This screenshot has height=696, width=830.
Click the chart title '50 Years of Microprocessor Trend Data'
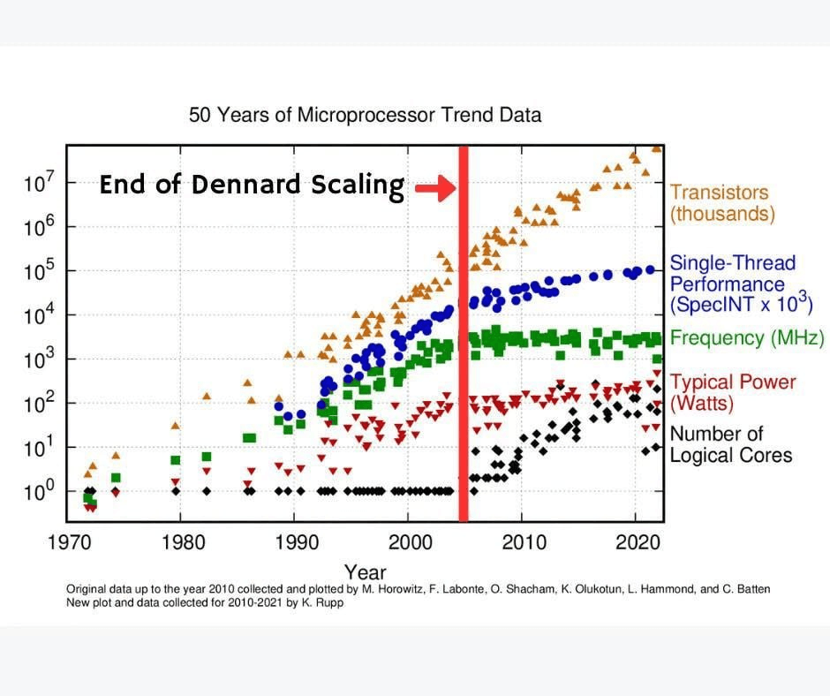(x=365, y=115)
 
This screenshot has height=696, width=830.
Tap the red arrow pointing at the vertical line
(x=435, y=187)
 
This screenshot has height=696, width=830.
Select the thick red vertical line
(x=464, y=334)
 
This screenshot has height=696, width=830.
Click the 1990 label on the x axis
(x=297, y=542)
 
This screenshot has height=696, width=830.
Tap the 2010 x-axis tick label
(x=524, y=542)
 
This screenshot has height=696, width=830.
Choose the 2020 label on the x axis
(x=638, y=542)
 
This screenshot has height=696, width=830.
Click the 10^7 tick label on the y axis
(x=38, y=183)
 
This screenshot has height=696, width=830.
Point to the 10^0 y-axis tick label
(x=38, y=491)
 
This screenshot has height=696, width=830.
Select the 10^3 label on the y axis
(x=38, y=359)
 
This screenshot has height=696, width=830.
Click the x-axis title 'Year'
(x=366, y=572)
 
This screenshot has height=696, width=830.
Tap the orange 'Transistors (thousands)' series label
(x=722, y=203)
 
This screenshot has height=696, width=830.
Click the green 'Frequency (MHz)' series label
(x=747, y=337)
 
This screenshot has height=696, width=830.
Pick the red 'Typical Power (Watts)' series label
(x=733, y=392)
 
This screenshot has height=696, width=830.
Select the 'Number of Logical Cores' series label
(x=730, y=444)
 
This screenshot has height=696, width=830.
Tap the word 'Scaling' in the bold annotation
(x=358, y=185)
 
